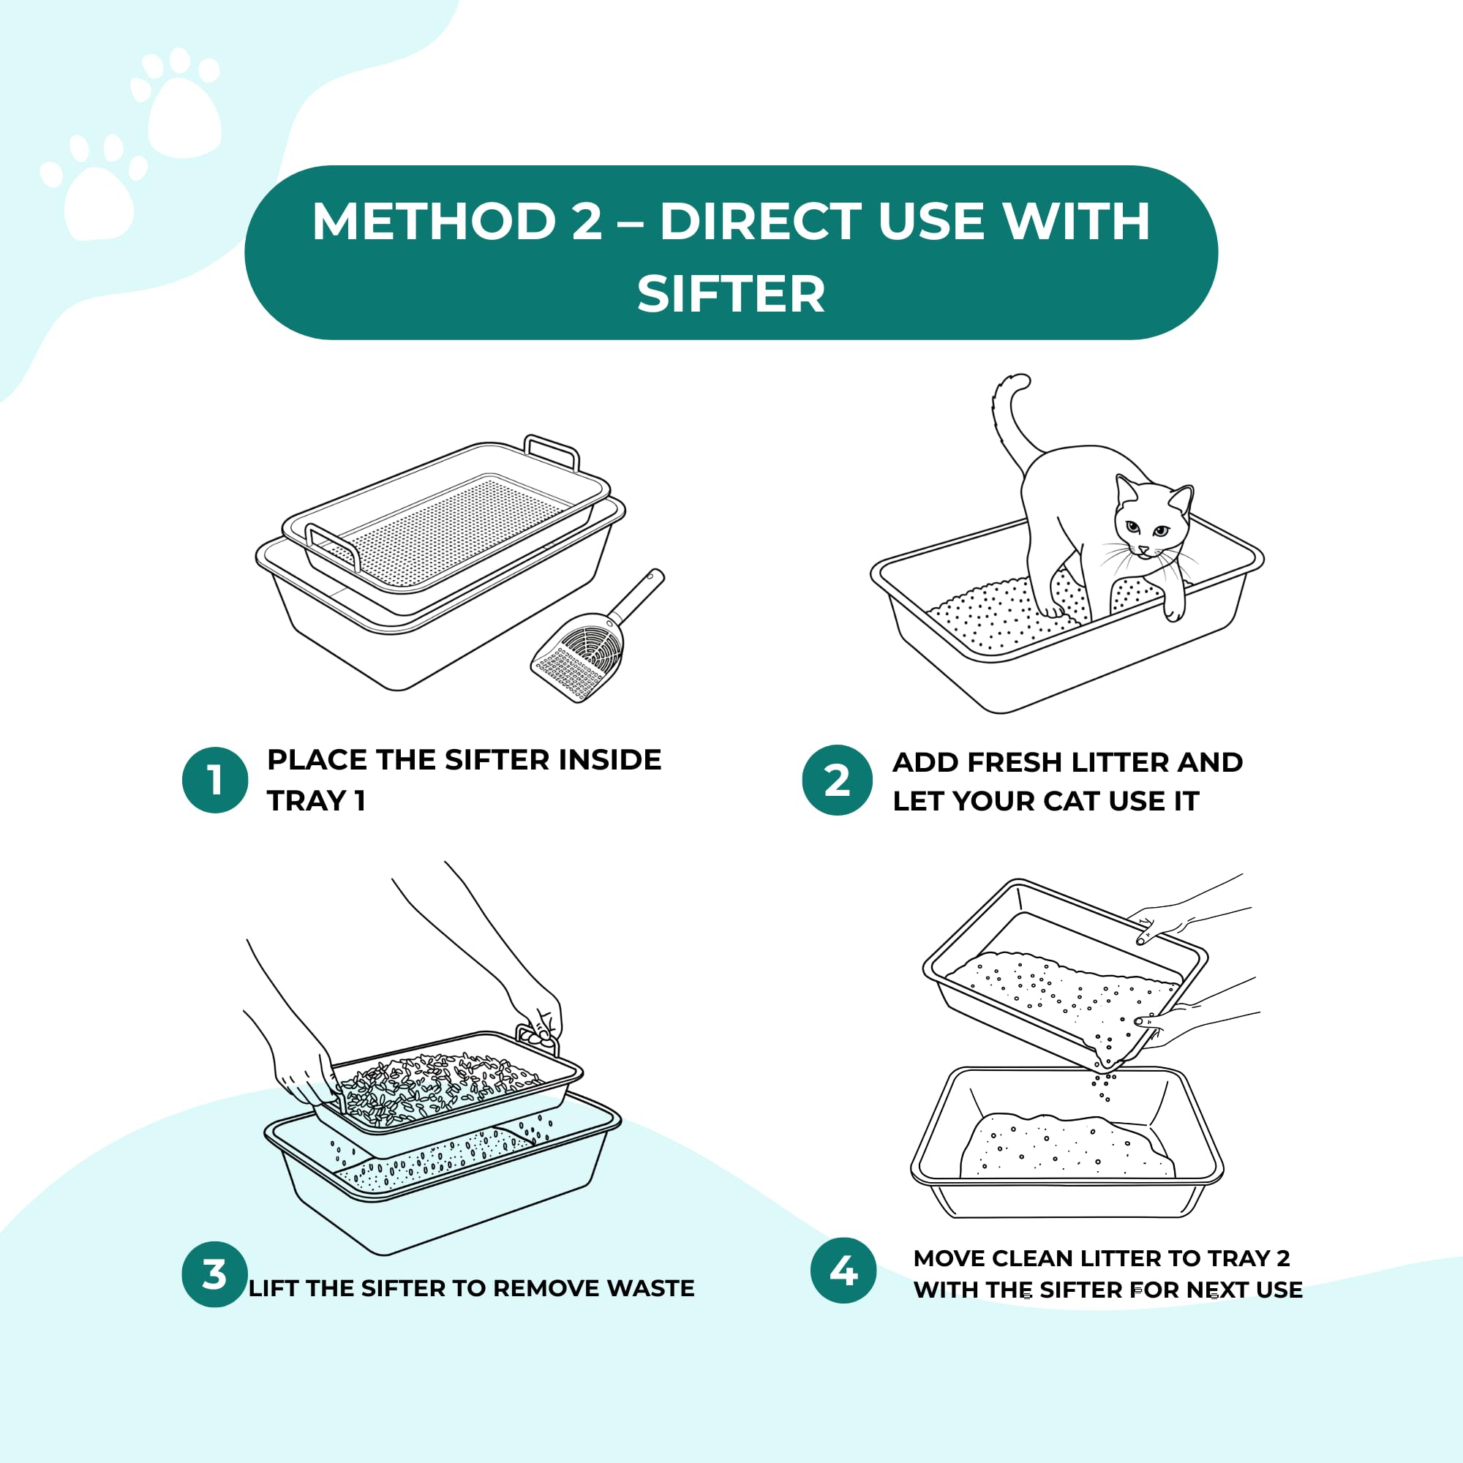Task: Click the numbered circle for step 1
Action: click(x=215, y=780)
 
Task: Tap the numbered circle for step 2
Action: click(x=837, y=780)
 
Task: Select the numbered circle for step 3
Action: click(x=215, y=1274)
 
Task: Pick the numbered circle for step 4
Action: click(x=843, y=1271)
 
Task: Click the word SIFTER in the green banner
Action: click(x=731, y=294)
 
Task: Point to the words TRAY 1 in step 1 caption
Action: click(x=316, y=800)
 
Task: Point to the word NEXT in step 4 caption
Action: click(x=1214, y=1290)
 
